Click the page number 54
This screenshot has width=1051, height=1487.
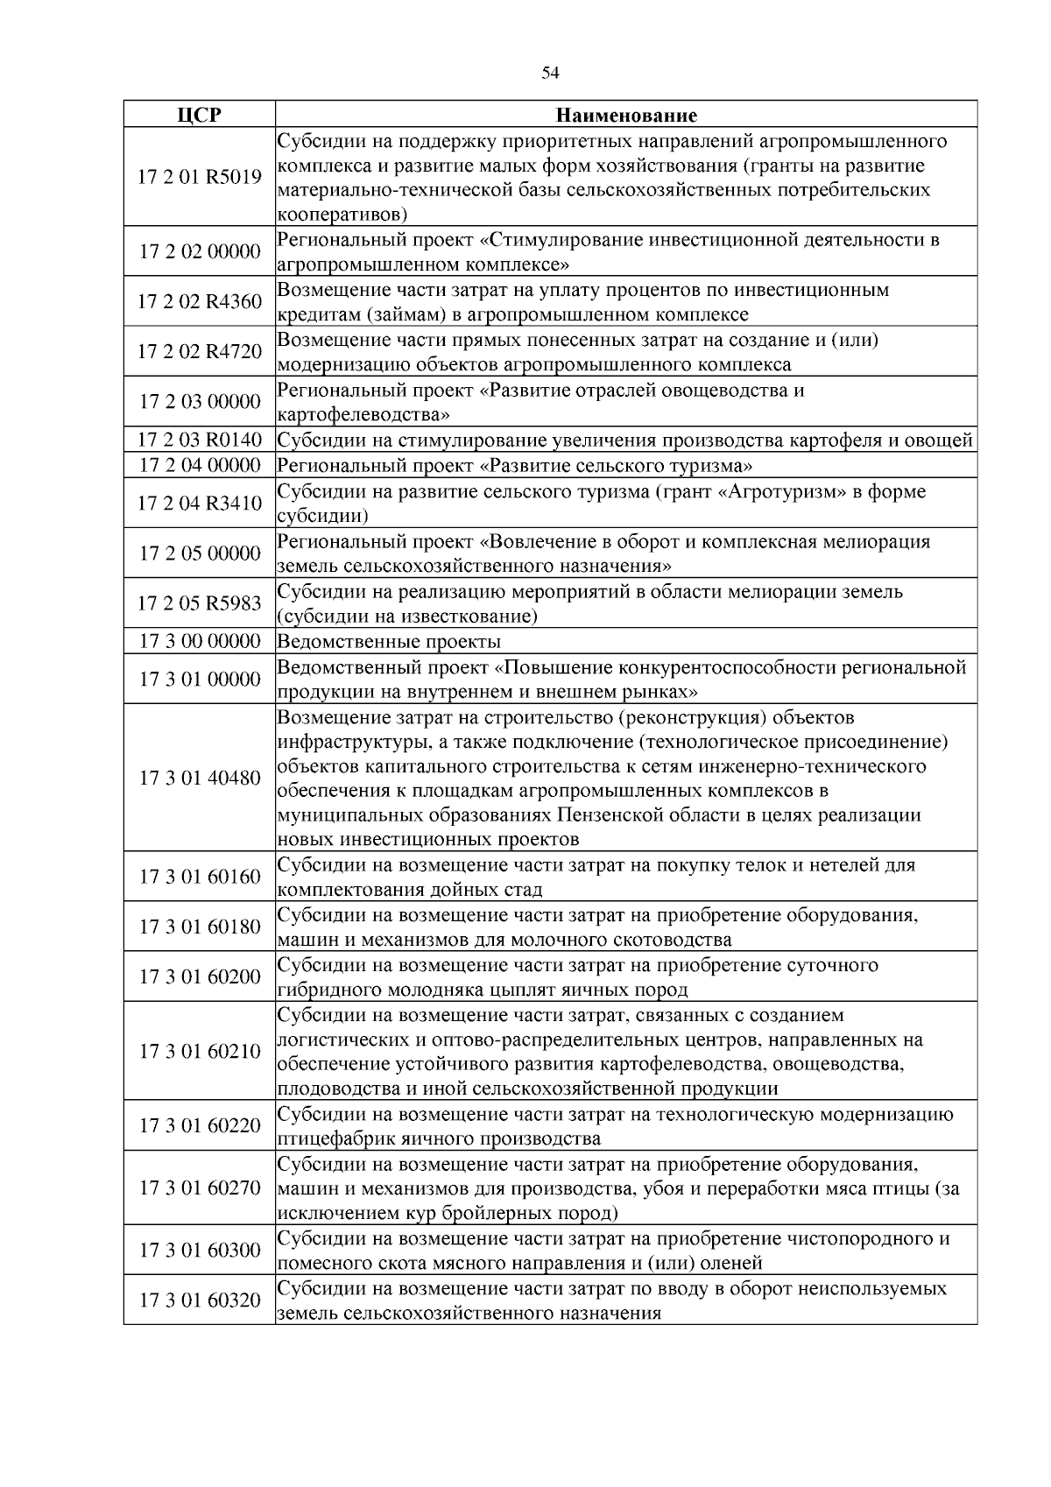(x=550, y=73)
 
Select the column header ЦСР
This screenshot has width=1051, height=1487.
(x=200, y=115)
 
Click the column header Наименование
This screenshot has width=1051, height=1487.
(x=627, y=115)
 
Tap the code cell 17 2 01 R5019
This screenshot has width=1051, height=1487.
(x=200, y=177)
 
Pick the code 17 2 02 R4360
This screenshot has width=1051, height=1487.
(x=200, y=301)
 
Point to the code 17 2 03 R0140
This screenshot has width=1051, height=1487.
(x=200, y=440)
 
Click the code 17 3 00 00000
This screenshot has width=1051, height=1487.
(x=200, y=641)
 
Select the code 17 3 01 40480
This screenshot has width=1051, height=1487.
(x=200, y=778)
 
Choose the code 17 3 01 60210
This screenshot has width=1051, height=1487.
(x=200, y=1051)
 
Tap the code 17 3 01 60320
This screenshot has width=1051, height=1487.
(x=200, y=1300)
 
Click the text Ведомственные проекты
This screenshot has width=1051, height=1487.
(x=389, y=642)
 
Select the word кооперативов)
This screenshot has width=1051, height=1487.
(x=342, y=215)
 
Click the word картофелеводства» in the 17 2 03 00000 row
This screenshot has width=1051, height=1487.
(x=364, y=414)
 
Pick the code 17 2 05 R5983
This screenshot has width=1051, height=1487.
(x=200, y=603)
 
